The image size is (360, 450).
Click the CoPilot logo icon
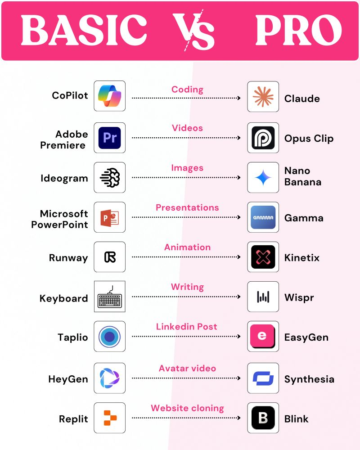tap(109, 96)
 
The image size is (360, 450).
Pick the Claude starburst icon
tap(263, 96)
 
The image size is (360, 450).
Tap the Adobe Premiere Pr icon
tap(109, 138)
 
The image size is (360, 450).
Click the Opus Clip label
tap(309, 138)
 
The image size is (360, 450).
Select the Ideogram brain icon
tap(109, 177)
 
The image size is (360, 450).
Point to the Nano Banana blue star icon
tap(263, 177)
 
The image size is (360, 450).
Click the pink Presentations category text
tap(187, 207)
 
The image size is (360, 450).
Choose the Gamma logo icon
tap(263, 217)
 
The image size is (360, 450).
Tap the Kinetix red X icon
tap(263, 257)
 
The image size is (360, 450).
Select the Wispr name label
tap(299, 297)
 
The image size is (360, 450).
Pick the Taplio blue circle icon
tap(109, 337)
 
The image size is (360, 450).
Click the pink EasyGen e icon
tap(263, 337)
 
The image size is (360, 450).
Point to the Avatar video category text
tap(187, 368)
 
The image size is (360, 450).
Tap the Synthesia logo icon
tap(263, 378)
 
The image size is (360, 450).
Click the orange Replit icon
tap(109, 418)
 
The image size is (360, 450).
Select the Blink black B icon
tap(263, 418)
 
